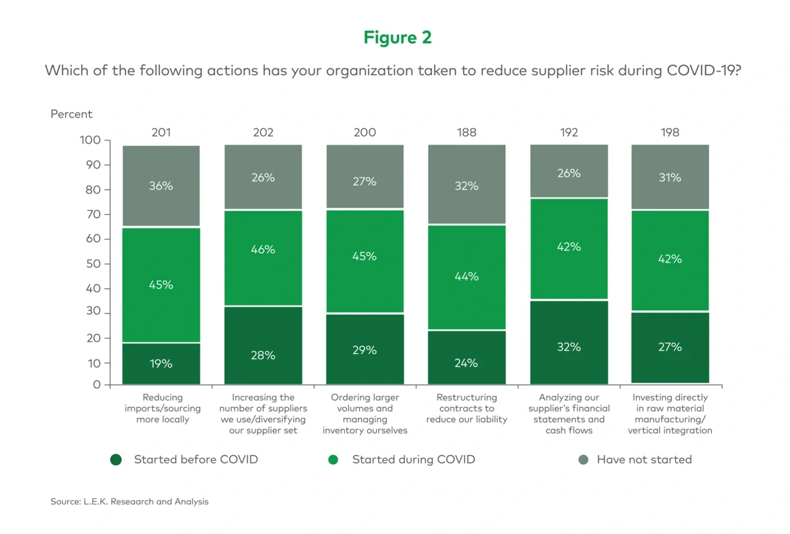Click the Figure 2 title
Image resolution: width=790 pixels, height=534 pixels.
pos(397,38)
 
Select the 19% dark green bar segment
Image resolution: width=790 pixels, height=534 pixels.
pos(161,364)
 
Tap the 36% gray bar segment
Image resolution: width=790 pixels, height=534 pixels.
pos(161,186)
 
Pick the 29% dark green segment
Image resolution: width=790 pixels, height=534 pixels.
pos(365,350)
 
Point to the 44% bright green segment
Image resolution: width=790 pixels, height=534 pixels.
pos(467,276)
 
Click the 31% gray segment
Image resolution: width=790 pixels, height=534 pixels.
pos(670,177)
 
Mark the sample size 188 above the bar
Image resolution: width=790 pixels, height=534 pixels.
pos(467,132)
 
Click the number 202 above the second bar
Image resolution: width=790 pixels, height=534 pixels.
pos(263,132)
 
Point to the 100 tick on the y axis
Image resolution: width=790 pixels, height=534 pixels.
pos(89,140)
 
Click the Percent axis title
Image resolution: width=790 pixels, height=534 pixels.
pos(72,114)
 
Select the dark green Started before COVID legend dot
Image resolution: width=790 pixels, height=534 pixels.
pos(116,460)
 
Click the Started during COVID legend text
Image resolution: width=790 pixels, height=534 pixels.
pos(413,459)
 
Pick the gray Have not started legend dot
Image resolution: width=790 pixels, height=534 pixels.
pos(583,460)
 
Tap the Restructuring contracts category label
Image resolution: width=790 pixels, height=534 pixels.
pos(467,408)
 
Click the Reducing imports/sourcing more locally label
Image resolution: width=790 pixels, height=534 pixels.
pos(162,408)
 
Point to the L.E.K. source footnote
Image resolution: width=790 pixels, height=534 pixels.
pos(129,502)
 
